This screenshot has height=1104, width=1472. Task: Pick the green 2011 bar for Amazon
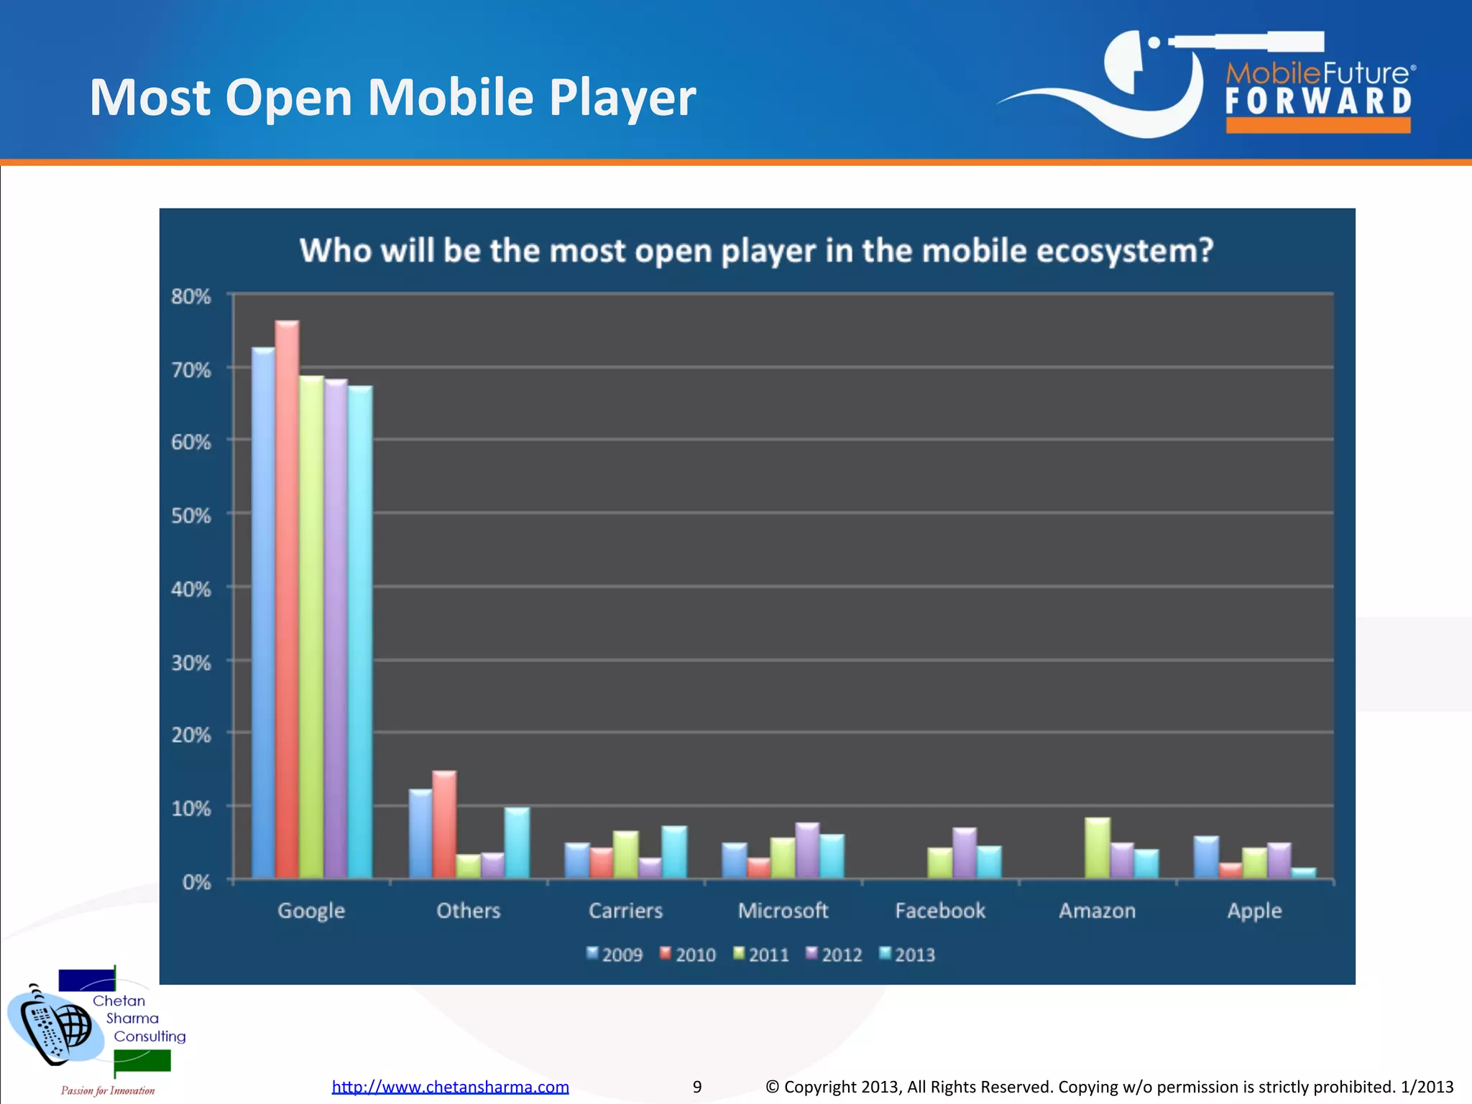click(x=1098, y=847)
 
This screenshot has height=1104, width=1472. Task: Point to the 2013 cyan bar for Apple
click(x=1303, y=873)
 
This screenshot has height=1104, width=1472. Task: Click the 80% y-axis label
click(x=191, y=296)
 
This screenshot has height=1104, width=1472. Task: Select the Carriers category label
click(x=625, y=911)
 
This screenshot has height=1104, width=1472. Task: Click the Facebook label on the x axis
click(x=940, y=911)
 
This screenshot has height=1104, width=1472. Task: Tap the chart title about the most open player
click(x=756, y=251)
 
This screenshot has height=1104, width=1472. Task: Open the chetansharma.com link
click(x=450, y=1086)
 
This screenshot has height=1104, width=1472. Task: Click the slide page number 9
click(x=696, y=1087)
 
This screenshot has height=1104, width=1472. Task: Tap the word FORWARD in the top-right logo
click(x=1318, y=101)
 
